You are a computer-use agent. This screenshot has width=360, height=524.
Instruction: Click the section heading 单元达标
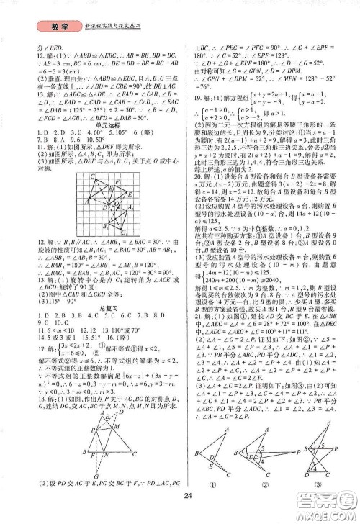pyautogui.click(x=89, y=125)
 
